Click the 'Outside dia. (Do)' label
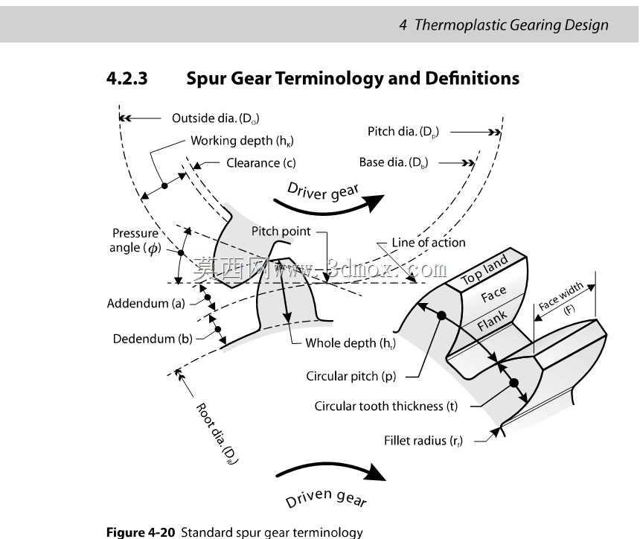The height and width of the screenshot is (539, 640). coord(216,118)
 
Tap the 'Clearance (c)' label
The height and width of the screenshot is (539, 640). coord(260,163)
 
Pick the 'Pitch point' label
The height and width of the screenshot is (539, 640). coord(281,232)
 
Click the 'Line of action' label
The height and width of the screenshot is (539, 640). coord(429,243)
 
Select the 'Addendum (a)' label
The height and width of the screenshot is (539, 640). coord(146,304)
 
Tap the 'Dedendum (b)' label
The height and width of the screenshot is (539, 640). coord(153,339)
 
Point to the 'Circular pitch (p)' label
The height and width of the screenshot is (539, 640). coord(351,376)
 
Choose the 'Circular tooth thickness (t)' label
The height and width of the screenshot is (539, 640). coord(386,406)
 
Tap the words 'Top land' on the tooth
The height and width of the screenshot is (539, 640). coord(484,269)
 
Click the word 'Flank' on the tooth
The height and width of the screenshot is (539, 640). coord(492,320)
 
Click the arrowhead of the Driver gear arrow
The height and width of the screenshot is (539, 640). coord(374,203)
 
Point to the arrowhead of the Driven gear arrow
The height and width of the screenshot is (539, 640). coord(376,473)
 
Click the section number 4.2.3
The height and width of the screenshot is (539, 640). coord(127,78)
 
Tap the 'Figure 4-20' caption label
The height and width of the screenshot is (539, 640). coord(141,532)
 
